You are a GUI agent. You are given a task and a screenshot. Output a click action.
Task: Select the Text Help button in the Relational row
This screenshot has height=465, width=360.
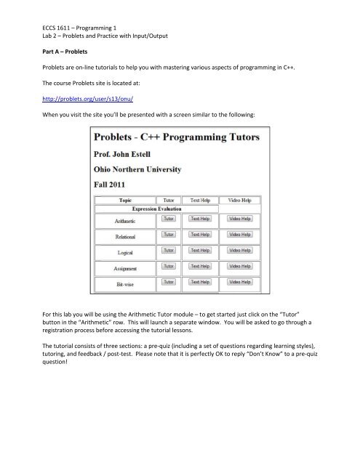click(x=200, y=235)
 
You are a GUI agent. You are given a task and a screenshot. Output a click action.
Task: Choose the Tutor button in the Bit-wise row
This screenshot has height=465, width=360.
click(x=168, y=281)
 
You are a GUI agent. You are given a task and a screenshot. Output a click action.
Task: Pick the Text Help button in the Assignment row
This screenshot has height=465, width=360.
click(x=200, y=266)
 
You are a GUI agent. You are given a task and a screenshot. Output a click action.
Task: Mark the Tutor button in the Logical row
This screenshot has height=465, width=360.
click(x=168, y=250)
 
